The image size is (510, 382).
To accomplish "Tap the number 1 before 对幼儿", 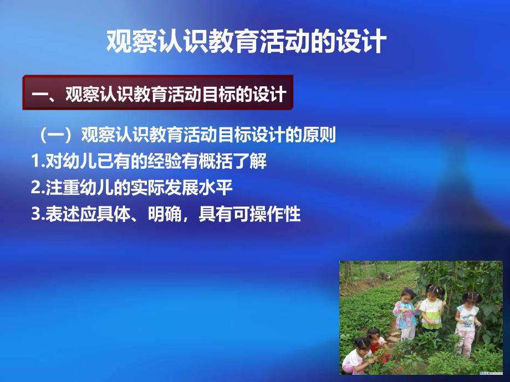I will [x=36, y=162].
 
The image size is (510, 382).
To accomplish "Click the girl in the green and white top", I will [x=431, y=313].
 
